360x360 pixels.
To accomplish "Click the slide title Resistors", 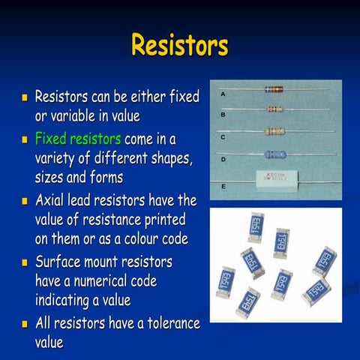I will (x=179, y=45).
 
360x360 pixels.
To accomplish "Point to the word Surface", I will (x=61, y=262).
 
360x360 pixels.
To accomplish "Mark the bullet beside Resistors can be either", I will (x=25, y=97).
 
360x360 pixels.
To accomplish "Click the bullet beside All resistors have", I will (x=25, y=325).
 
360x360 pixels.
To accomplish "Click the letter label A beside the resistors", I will (x=223, y=94).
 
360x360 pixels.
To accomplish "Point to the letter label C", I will (x=223, y=137).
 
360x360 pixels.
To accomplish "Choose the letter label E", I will (x=223, y=184).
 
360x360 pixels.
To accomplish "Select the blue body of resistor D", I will (x=275, y=154).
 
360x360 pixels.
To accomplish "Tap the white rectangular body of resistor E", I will (x=275, y=180).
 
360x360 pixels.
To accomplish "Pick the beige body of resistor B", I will (x=274, y=109).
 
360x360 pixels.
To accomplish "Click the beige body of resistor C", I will (x=274, y=131).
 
